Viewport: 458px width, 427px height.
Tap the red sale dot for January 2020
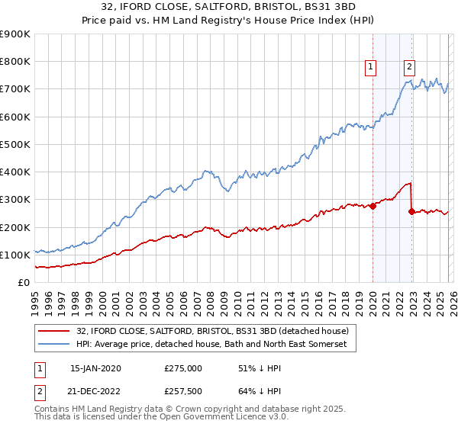(373, 206)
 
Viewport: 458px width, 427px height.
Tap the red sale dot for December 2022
(412, 211)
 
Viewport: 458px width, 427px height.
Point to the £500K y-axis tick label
(15, 144)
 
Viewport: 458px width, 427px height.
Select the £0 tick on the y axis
(24, 282)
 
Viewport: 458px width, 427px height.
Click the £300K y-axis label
(15, 200)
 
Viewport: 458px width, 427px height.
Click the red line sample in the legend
(54, 331)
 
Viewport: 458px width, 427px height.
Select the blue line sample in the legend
(54, 345)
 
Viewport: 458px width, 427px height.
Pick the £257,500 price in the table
(183, 390)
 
